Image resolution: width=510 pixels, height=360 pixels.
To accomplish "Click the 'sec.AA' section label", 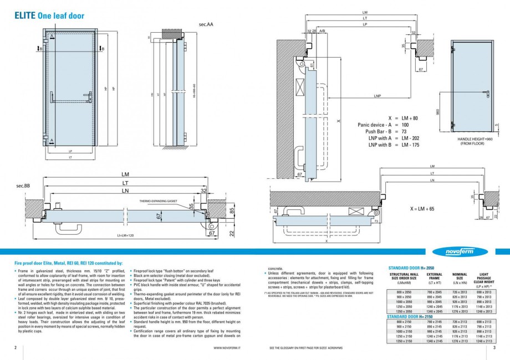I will click(x=206, y=25).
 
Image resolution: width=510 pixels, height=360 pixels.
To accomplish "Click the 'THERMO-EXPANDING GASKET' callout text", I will click(x=157, y=200).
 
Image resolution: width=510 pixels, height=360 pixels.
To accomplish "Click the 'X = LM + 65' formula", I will click(x=422, y=209).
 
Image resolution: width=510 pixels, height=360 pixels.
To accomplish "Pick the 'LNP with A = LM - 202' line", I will click(x=394, y=138).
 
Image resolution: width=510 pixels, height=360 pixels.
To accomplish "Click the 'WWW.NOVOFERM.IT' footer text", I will click(x=226, y=348).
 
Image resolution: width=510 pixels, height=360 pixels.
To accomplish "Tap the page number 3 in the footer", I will click(x=494, y=348).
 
